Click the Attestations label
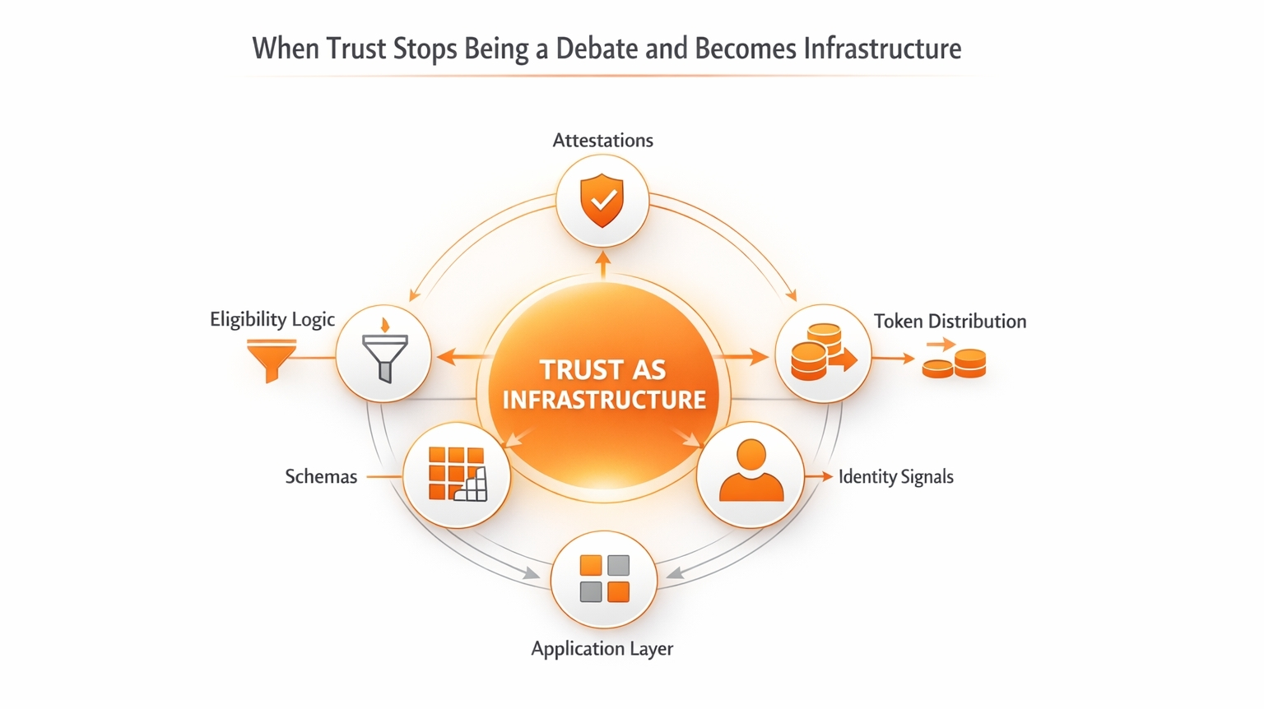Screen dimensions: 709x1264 [602, 141]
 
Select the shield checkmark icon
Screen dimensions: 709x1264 [602, 201]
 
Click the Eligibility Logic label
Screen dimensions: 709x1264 [272, 319]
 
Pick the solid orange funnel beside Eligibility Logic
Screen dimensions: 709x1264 [272, 359]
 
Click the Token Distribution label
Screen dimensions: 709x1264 [950, 322]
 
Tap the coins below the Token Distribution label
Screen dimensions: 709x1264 [955, 363]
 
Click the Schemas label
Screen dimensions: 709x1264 [321, 477]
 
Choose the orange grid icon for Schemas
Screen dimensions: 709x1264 [457, 475]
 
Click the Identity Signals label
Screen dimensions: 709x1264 [895, 477]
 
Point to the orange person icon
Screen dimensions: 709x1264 [750, 471]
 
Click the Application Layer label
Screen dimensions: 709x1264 [602, 649]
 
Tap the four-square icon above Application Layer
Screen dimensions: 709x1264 [604, 578]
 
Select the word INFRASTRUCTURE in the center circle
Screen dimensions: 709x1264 [604, 400]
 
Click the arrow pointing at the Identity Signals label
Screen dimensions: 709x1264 [820, 477]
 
